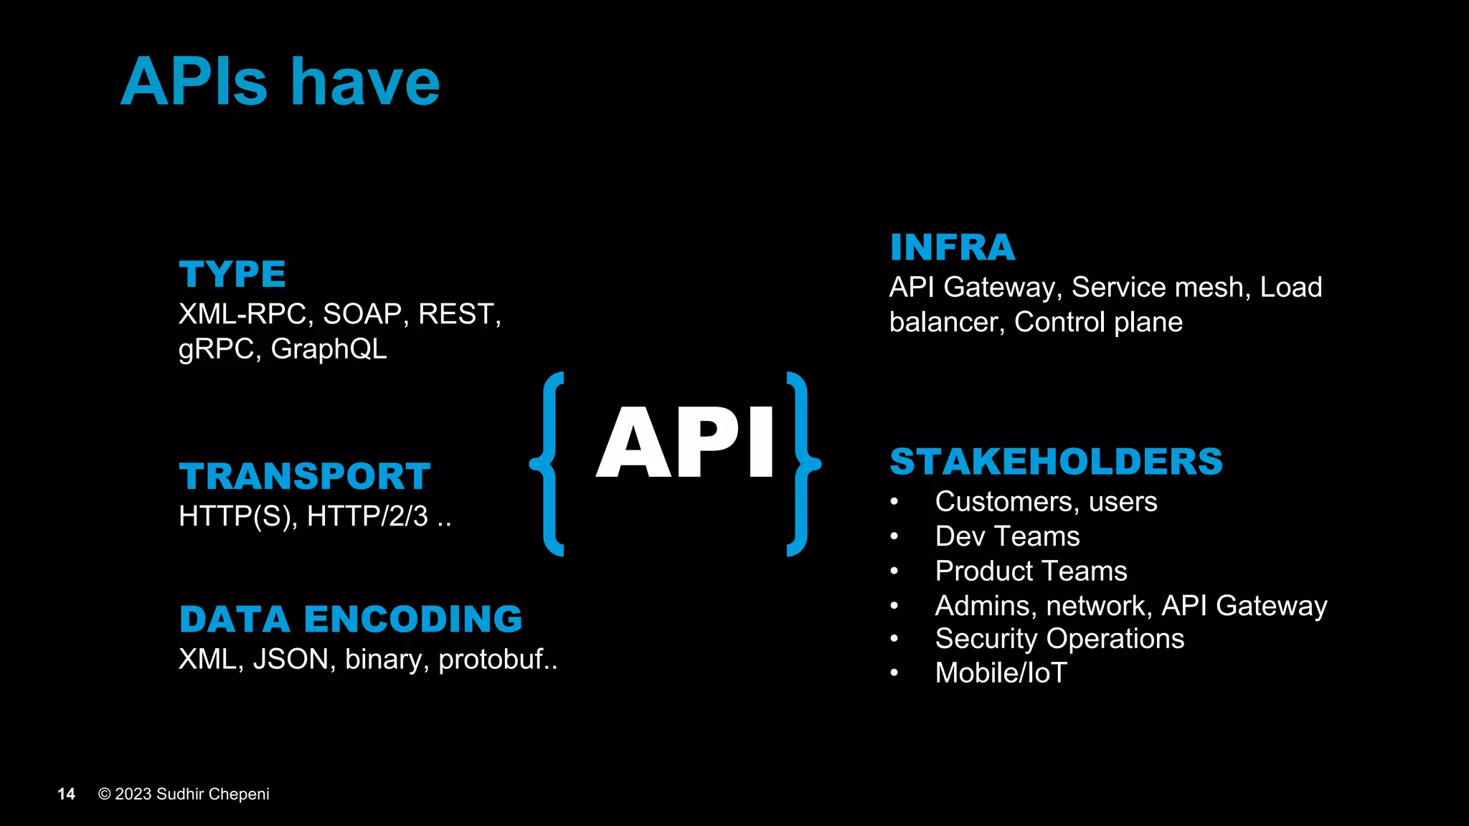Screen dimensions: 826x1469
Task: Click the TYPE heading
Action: (x=232, y=274)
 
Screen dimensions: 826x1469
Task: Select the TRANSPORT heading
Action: (x=305, y=476)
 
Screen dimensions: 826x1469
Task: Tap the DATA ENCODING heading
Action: (x=351, y=619)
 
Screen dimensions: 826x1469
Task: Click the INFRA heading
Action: (x=952, y=247)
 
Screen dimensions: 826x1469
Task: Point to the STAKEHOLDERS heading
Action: (x=1056, y=461)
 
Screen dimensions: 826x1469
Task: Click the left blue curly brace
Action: (x=548, y=464)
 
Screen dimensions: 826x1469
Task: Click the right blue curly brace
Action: (x=802, y=464)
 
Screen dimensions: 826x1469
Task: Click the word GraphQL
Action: (x=329, y=349)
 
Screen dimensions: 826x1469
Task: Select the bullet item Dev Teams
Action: (x=1007, y=536)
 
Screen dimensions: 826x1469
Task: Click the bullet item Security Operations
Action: (x=1059, y=639)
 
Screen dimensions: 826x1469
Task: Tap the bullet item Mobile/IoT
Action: (x=1001, y=673)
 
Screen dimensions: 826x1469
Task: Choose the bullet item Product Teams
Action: (x=1031, y=571)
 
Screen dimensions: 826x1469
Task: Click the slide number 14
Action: (x=66, y=794)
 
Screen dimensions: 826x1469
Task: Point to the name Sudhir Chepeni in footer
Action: (x=213, y=794)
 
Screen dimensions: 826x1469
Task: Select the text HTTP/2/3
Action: (x=367, y=516)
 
